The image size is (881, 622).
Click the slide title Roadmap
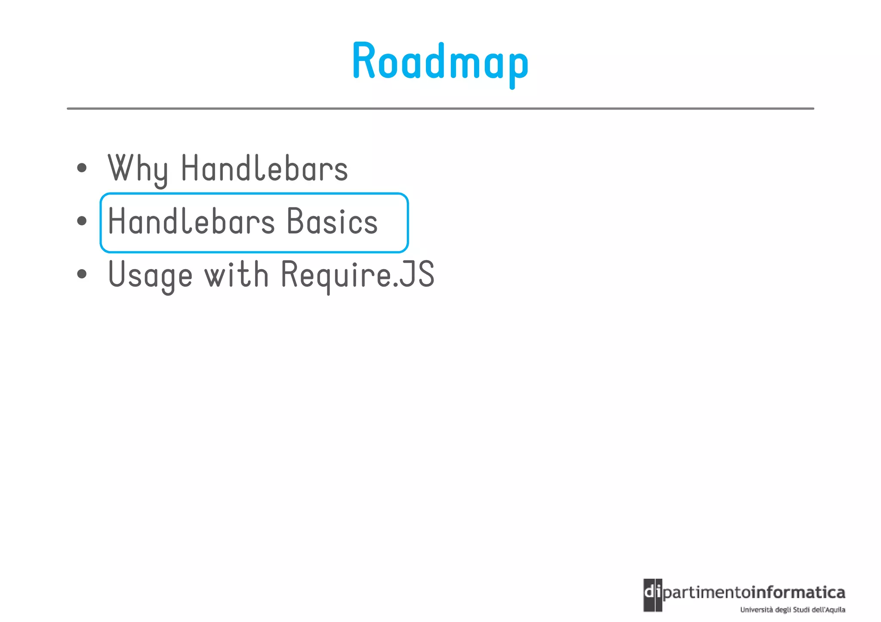click(x=440, y=62)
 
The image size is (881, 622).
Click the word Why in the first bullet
click(x=138, y=169)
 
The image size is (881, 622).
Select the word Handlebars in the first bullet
click(x=264, y=168)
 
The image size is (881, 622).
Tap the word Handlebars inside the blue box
click(x=191, y=221)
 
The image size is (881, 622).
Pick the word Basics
click(x=332, y=221)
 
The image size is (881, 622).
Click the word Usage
click(x=150, y=275)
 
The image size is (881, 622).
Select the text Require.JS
click(x=357, y=275)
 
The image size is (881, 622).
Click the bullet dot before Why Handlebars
click(x=82, y=168)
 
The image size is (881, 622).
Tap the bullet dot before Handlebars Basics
click(x=82, y=221)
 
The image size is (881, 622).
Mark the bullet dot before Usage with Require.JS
click(x=82, y=274)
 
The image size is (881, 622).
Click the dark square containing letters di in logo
click(x=653, y=595)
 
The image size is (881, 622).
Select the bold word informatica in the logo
click(x=798, y=593)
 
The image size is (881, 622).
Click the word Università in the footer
click(x=756, y=610)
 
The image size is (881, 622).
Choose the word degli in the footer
click(x=782, y=610)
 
